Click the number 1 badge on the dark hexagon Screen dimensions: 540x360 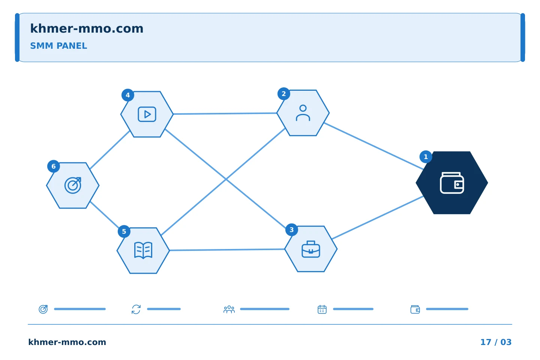click(x=426, y=157)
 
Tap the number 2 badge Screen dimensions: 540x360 click(x=284, y=93)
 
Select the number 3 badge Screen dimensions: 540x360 click(x=291, y=229)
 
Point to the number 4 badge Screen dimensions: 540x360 click(x=128, y=95)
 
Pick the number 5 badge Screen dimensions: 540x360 click(x=124, y=231)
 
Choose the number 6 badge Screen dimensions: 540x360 click(x=54, y=166)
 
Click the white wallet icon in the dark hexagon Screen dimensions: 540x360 click(x=452, y=183)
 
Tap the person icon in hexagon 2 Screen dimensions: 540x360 click(x=303, y=113)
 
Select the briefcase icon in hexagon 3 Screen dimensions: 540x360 click(x=311, y=249)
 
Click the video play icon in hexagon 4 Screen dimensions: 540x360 click(x=147, y=114)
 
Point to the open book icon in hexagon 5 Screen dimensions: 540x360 click(x=143, y=250)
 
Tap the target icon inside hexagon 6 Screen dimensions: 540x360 click(x=73, y=185)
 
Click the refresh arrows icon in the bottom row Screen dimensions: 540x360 click(x=136, y=309)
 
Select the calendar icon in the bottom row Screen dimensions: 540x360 click(x=322, y=309)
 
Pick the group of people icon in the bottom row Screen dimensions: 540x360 click(x=229, y=309)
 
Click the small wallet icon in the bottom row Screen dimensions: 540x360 click(x=415, y=309)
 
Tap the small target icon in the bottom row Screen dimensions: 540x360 click(x=43, y=309)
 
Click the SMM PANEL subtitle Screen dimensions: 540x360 click(x=58, y=46)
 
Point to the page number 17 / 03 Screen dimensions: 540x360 click(x=496, y=342)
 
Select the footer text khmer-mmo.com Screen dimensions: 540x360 click(x=67, y=342)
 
